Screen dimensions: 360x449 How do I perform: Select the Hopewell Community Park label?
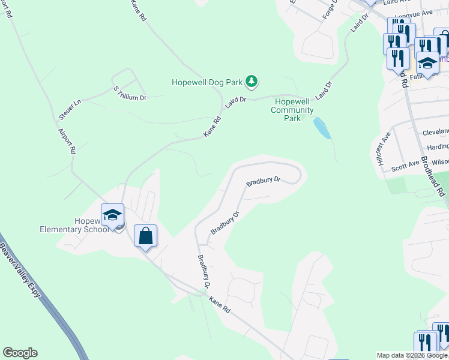[x=292, y=110]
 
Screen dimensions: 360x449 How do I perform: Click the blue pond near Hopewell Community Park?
[x=322, y=128]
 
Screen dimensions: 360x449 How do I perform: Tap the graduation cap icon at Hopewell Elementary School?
[x=112, y=215]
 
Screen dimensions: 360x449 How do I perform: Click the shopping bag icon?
[x=146, y=236]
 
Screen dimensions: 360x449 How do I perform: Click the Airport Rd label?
[x=65, y=141]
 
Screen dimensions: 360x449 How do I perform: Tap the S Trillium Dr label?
[x=130, y=93]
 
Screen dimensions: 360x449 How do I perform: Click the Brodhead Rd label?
[x=432, y=176]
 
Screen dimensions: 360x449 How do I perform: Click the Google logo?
[x=20, y=353]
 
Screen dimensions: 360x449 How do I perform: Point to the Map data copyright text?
[x=412, y=355]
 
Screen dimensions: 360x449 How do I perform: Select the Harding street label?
[x=438, y=147]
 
